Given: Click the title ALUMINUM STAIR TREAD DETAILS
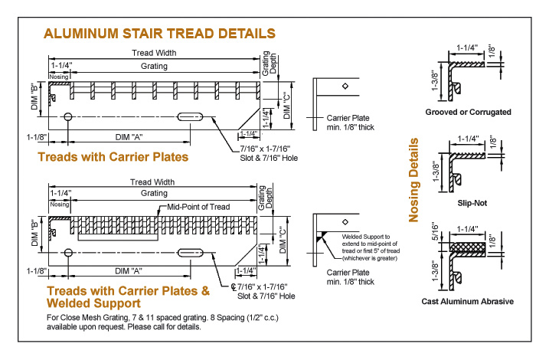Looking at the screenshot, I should (160, 34).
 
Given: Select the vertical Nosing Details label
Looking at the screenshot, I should (414, 180).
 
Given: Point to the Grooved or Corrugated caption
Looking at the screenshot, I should (468, 112).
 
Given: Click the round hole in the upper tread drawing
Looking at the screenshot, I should (69, 116).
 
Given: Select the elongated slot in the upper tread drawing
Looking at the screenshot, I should (191, 116).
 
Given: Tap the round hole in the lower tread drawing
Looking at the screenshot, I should (69, 252).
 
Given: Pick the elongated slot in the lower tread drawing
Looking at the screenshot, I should (191, 252).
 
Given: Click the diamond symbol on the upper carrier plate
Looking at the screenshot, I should (346, 86).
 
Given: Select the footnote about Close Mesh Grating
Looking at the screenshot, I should (125, 322).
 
